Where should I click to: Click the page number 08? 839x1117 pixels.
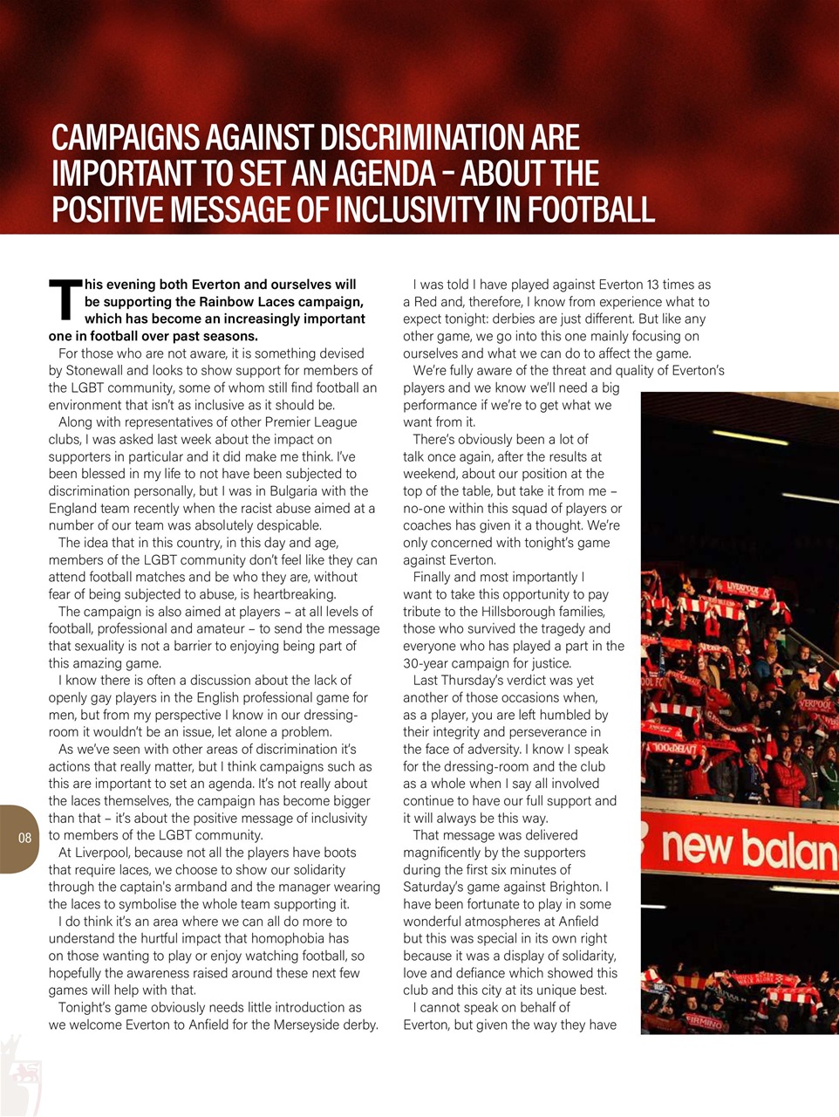[x=24, y=839]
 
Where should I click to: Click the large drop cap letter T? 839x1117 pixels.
[x=65, y=300]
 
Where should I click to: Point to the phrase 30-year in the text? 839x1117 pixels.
[x=426, y=663]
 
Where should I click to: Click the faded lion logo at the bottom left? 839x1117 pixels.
[x=22, y=1073]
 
